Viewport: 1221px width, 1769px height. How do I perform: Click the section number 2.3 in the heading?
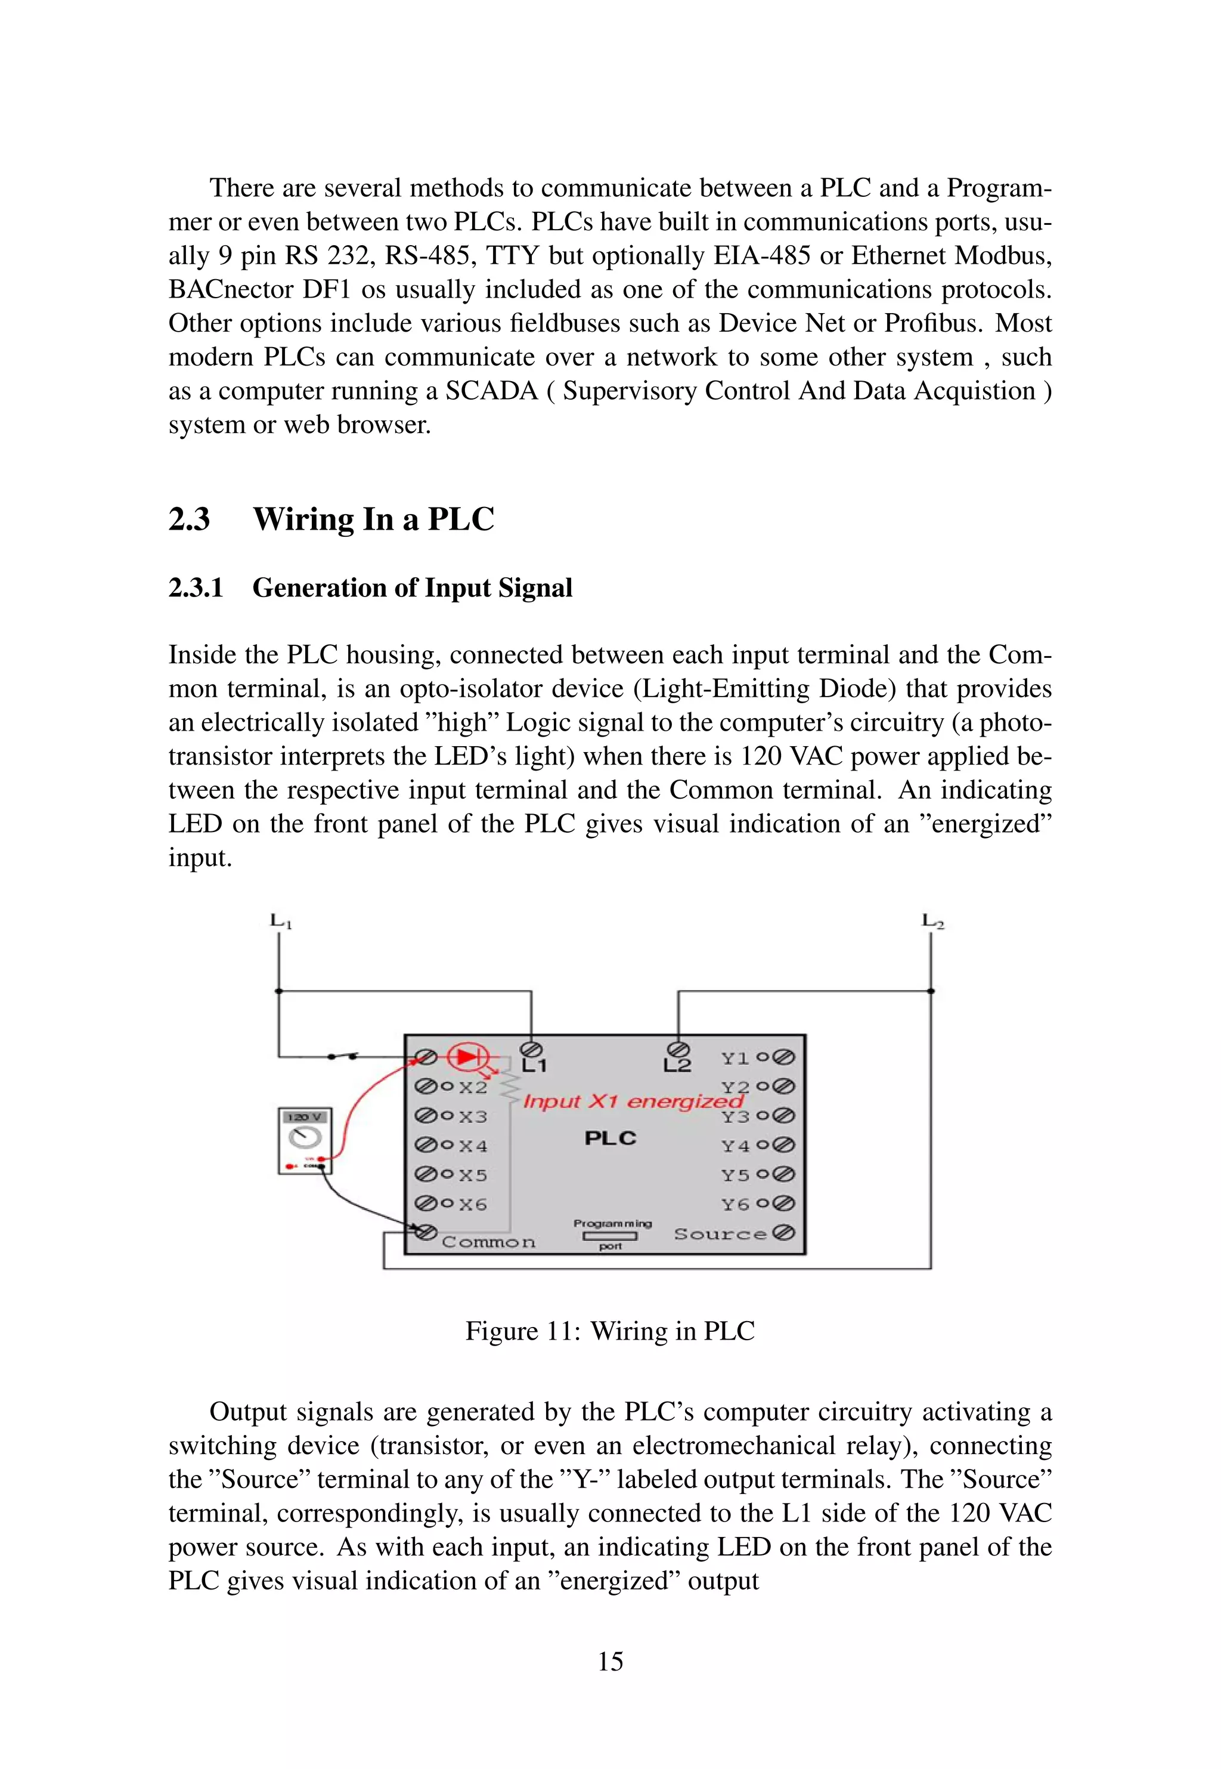(189, 519)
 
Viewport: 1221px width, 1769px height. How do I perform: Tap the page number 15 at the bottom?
(610, 1661)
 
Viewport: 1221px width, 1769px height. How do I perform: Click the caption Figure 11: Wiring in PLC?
(610, 1331)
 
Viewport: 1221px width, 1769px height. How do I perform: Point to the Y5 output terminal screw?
(784, 1174)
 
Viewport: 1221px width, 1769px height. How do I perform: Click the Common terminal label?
(488, 1242)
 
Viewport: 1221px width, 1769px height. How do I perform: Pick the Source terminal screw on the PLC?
(784, 1233)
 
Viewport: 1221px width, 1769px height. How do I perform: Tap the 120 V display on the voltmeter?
(305, 1118)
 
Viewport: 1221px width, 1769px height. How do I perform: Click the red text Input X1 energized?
(633, 1101)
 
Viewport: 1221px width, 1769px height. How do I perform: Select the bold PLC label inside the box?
(610, 1139)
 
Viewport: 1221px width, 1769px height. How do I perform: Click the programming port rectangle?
(610, 1236)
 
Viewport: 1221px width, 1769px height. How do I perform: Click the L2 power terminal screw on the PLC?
(678, 1049)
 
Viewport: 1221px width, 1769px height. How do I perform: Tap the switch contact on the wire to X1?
(342, 1057)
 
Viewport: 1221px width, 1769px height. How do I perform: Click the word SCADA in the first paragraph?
(492, 391)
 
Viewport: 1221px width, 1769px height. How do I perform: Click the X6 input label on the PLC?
(473, 1204)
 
